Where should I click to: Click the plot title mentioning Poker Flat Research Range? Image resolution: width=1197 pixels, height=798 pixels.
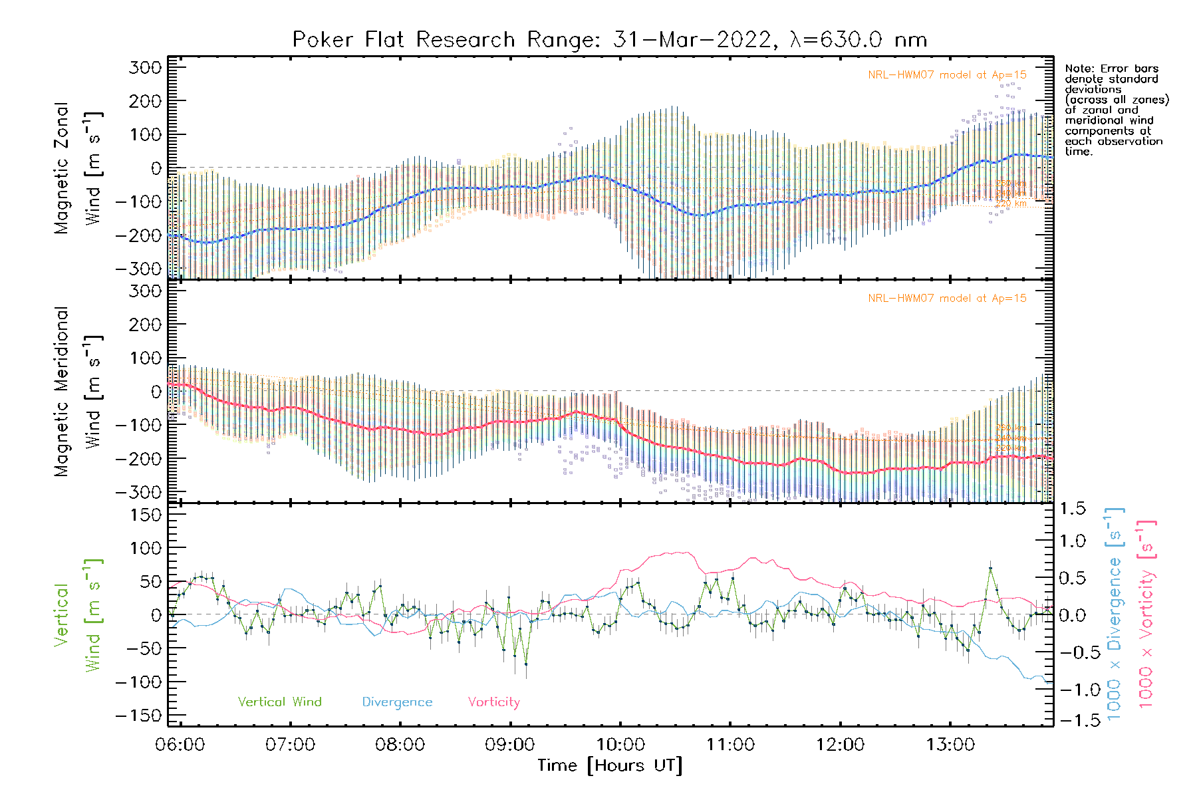click(x=610, y=40)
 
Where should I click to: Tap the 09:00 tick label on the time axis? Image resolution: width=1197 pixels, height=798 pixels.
click(x=510, y=744)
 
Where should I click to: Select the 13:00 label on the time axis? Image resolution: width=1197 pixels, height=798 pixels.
click(x=950, y=744)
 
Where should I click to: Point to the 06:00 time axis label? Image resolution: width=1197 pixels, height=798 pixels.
click(x=180, y=744)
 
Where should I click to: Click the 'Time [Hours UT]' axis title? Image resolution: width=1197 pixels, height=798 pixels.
click(x=610, y=765)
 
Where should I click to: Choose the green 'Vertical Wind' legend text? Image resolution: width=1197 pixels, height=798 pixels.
click(x=279, y=702)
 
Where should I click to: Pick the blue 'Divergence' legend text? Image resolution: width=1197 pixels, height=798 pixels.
click(x=397, y=702)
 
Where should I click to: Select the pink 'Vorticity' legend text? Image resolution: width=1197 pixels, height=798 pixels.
click(x=493, y=702)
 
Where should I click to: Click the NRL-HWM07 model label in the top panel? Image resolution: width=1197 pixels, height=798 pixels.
click(x=947, y=74)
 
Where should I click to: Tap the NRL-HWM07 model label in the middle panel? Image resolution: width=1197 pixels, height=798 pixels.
click(x=947, y=298)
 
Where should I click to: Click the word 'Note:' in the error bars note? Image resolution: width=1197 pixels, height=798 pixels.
click(x=1078, y=68)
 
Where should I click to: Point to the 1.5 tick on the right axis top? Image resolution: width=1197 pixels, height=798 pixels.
click(x=1072, y=509)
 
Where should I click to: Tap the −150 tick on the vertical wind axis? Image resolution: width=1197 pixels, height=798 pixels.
click(x=139, y=716)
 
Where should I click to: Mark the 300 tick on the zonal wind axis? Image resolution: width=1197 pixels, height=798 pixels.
click(x=146, y=67)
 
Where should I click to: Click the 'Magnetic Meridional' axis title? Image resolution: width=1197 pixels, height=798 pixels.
click(x=61, y=392)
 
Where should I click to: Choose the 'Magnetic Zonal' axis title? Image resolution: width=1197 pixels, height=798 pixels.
click(x=61, y=168)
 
